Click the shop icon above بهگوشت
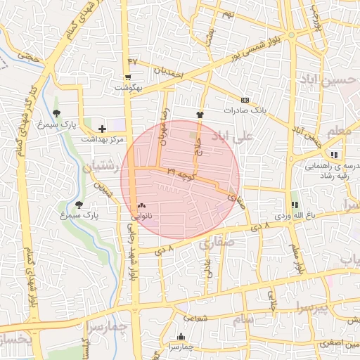tap(127, 78)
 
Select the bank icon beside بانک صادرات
tap(244, 100)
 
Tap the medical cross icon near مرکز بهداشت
tap(103, 129)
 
